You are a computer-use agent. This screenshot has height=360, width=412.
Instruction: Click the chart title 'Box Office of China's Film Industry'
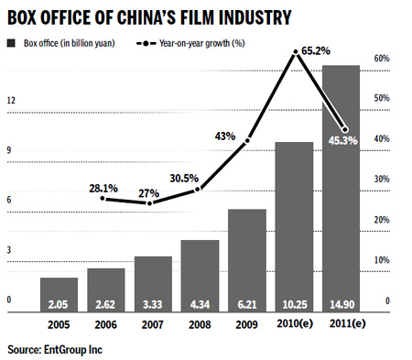coord(151,16)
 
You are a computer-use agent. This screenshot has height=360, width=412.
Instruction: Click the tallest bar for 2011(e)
coord(341,183)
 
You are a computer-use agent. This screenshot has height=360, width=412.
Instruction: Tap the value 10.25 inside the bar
coord(294,303)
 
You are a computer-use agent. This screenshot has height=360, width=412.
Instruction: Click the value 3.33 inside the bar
coord(152,303)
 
